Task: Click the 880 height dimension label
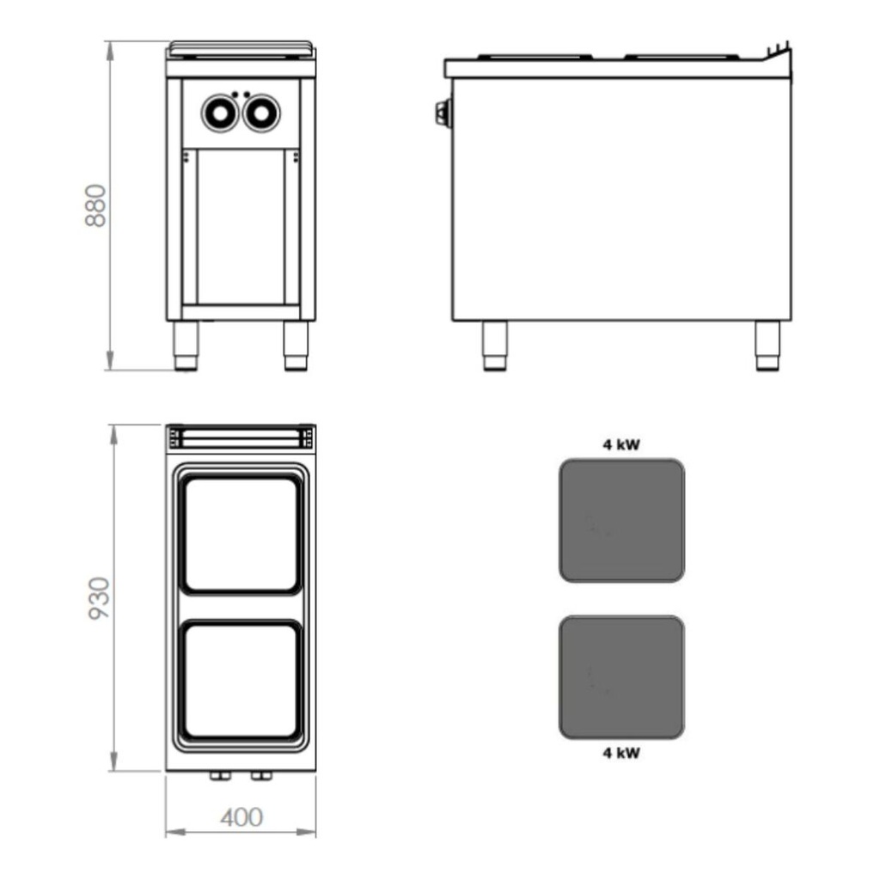96,205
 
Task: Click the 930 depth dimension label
100,598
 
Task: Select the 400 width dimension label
241,817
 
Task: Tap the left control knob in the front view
220,113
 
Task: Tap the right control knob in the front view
261,113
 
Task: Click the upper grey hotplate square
622,520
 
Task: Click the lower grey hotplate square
622,677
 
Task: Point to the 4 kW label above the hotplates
621,444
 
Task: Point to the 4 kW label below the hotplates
621,753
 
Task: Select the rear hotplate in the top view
241,535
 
